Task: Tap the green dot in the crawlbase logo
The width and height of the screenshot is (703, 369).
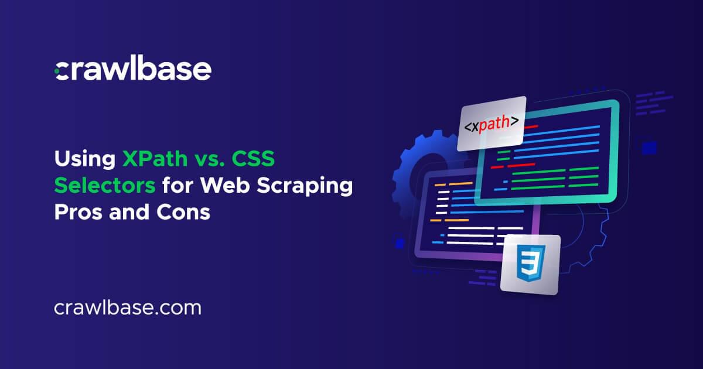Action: [57, 71]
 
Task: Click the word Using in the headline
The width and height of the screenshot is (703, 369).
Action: [85, 160]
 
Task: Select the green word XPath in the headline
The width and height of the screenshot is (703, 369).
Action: [155, 159]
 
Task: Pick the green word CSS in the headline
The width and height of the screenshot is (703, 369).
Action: [253, 159]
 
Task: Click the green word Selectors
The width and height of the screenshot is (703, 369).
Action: [105, 185]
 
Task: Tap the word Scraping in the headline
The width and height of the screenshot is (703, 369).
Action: [305, 186]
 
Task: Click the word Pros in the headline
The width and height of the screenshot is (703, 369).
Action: [78, 212]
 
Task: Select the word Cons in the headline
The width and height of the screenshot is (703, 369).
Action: [183, 212]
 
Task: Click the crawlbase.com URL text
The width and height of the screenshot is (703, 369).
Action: [128, 308]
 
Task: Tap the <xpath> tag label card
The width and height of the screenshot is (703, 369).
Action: [491, 124]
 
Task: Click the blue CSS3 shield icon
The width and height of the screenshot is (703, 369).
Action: [530, 263]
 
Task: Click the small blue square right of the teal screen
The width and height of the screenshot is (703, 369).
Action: [649, 148]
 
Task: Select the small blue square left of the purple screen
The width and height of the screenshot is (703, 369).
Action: [400, 243]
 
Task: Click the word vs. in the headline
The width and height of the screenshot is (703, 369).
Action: [209, 159]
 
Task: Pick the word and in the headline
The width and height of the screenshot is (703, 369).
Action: [129, 212]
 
